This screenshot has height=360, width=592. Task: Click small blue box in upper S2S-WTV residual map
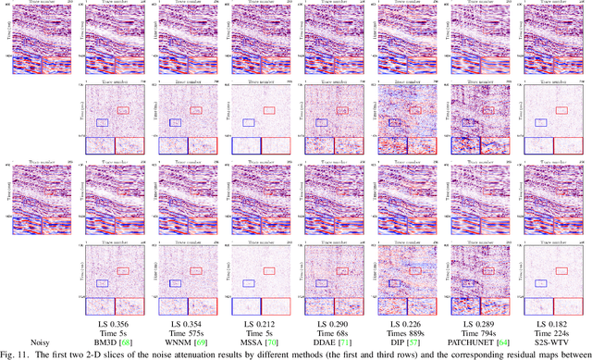[x=539, y=121]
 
